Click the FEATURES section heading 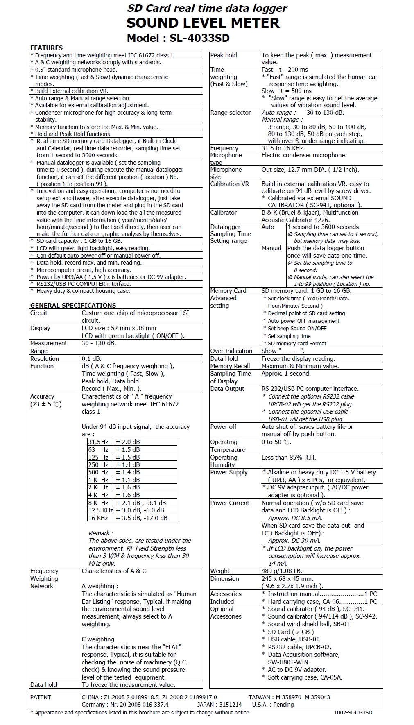click(x=46, y=48)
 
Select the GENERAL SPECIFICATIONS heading click(x=73, y=305)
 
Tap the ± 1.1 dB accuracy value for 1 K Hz click(x=128, y=480)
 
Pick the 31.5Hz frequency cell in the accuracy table click(x=98, y=442)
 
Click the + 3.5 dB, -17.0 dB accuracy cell click(x=142, y=518)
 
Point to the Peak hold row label click(x=223, y=55)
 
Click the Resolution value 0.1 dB click(x=91, y=358)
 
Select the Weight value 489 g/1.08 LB click(x=282, y=571)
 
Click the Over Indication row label click(x=231, y=351)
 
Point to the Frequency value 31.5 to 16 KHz click(x=283, y=148)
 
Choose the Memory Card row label click(x=228, y=291)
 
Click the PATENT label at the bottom click(x=41, y=697)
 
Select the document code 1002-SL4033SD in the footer click(x=353, y=712)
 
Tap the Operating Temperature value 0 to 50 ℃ click(x=276, y=442)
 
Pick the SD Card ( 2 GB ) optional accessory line click(x=291, y=632)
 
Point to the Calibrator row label click(x=223, y=213)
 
